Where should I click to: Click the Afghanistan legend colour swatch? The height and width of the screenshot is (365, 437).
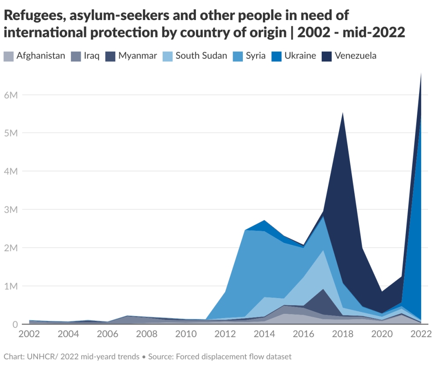pyautogui.click(x=9, y=56)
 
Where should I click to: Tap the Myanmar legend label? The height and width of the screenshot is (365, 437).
pyautogui.click(x=137, y=56)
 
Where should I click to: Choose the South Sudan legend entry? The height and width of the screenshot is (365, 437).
pyautogui.click(x=201, y=56)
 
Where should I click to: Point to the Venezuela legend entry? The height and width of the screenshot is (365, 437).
pyautogui.click(x=355, y=56)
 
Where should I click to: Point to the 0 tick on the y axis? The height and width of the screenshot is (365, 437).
pyautogui.click(x=15, y=324)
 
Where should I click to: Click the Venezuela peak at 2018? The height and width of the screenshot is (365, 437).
pyautogui.click(x=343, y=113)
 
